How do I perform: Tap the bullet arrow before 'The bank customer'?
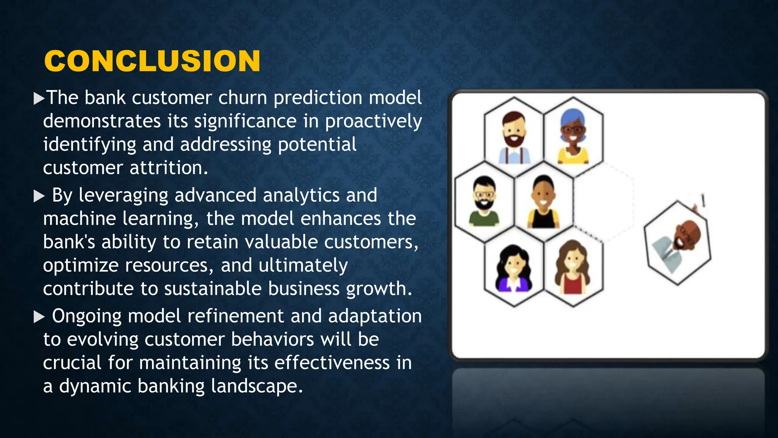click(x=39, y=98)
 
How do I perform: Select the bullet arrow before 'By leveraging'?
click(x=39, y=196)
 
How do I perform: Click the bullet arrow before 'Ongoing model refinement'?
click(x=39, y=317)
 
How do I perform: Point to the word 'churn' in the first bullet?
click(x=242, y=98)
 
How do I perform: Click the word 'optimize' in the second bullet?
click(x=81, y=265)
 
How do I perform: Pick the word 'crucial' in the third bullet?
click(x=72, y=363)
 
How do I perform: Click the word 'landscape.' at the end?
click(x=257, y=386)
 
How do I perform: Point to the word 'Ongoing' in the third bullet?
click(x=87, y=317)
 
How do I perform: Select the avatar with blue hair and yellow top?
click(x=573, y=136)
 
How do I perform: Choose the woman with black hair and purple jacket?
click(x=514, y=268)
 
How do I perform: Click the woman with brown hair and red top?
click(x=573, y=267)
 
